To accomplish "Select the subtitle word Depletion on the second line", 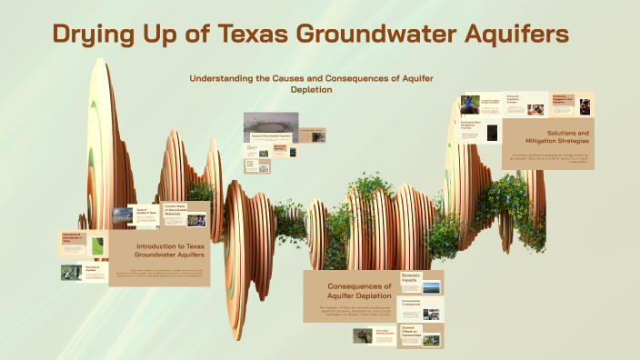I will point(312,90).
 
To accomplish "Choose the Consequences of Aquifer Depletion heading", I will point(359,291).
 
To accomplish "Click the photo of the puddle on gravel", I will point(264,123).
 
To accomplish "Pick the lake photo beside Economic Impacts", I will point(432,287).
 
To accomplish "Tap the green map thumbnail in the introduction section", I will point(96,245).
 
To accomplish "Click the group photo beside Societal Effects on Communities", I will point(431,340).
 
